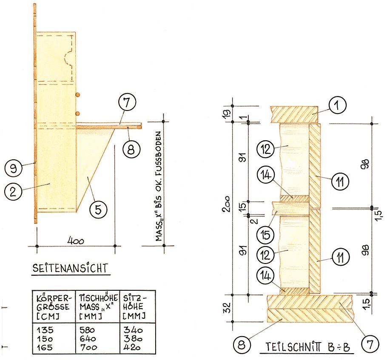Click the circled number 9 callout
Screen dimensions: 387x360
pos(13,168)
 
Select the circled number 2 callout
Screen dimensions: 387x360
pos(13,191)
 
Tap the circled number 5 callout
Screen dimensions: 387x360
pos(98,210)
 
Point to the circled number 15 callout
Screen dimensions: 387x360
pos(265,234)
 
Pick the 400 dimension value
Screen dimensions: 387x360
pos(76,241)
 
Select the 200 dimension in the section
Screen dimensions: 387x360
pos(226,204)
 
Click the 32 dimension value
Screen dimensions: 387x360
pos(227,307)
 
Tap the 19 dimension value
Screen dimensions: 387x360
pos(227,112)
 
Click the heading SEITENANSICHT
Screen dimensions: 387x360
pos(71,268)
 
